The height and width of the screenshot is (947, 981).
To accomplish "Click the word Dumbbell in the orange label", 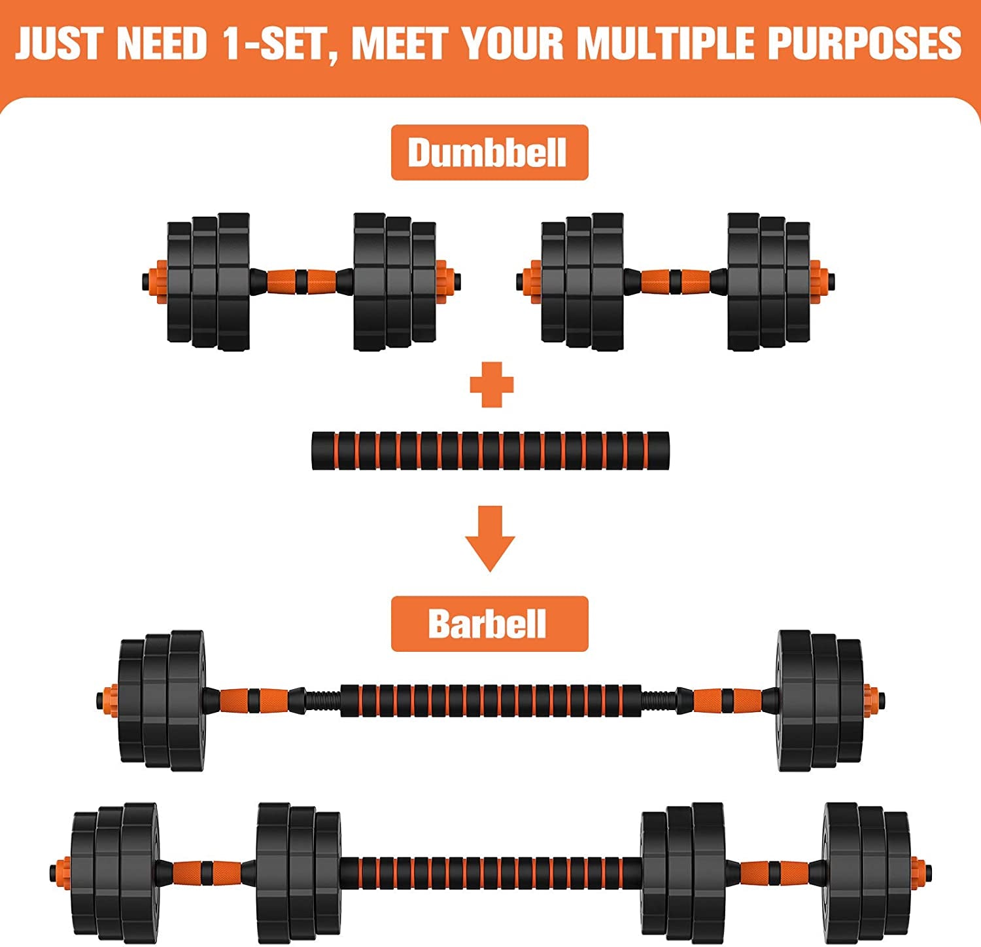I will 488,152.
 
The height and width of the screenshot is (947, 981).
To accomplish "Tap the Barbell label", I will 488,624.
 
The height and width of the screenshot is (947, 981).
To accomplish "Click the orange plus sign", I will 492,384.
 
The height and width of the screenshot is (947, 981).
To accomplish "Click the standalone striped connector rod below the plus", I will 490,451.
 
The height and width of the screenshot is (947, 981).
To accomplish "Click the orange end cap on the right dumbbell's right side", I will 817,280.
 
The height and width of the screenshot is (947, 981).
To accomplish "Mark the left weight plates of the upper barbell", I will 162,700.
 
